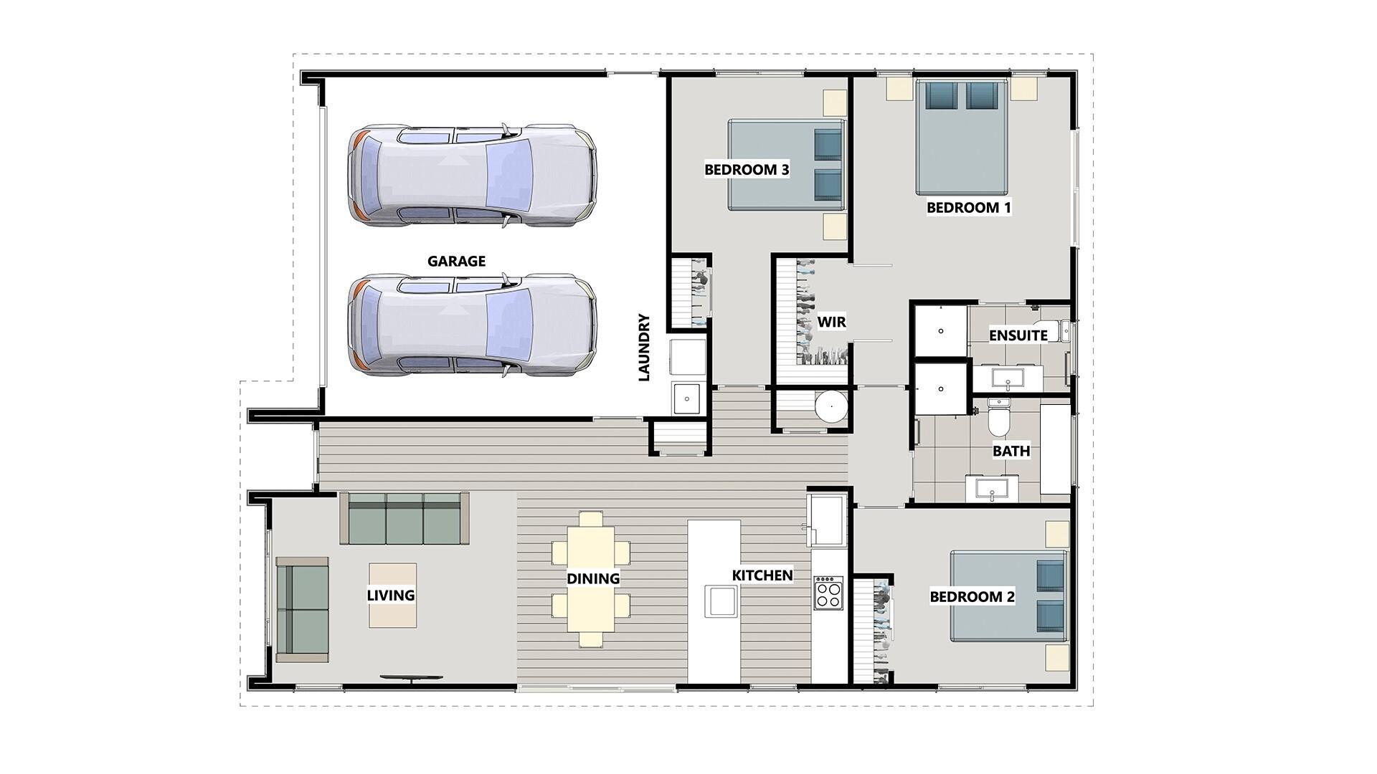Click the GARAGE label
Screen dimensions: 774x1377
(456, 262)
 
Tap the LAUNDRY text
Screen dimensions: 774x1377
(643, 348)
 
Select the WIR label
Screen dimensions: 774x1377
(831, 322)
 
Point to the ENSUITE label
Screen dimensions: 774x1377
(1018, 335)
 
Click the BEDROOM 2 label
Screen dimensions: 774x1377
(972, 596)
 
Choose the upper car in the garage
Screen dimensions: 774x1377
(472, 176)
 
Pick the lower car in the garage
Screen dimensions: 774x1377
(472, 325)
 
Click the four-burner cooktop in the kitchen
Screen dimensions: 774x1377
(828, 593)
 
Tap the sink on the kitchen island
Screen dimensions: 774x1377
(721, 601)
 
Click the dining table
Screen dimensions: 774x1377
(591, 578)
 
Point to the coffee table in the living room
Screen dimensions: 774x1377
(392, 595)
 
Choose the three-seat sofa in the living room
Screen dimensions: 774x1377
(404, 518)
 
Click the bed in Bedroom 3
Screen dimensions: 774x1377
(785, 165)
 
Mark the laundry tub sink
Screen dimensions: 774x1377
(687, 398)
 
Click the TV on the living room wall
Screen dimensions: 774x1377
(411, 677)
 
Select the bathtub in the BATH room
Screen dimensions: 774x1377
(1055, 449)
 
